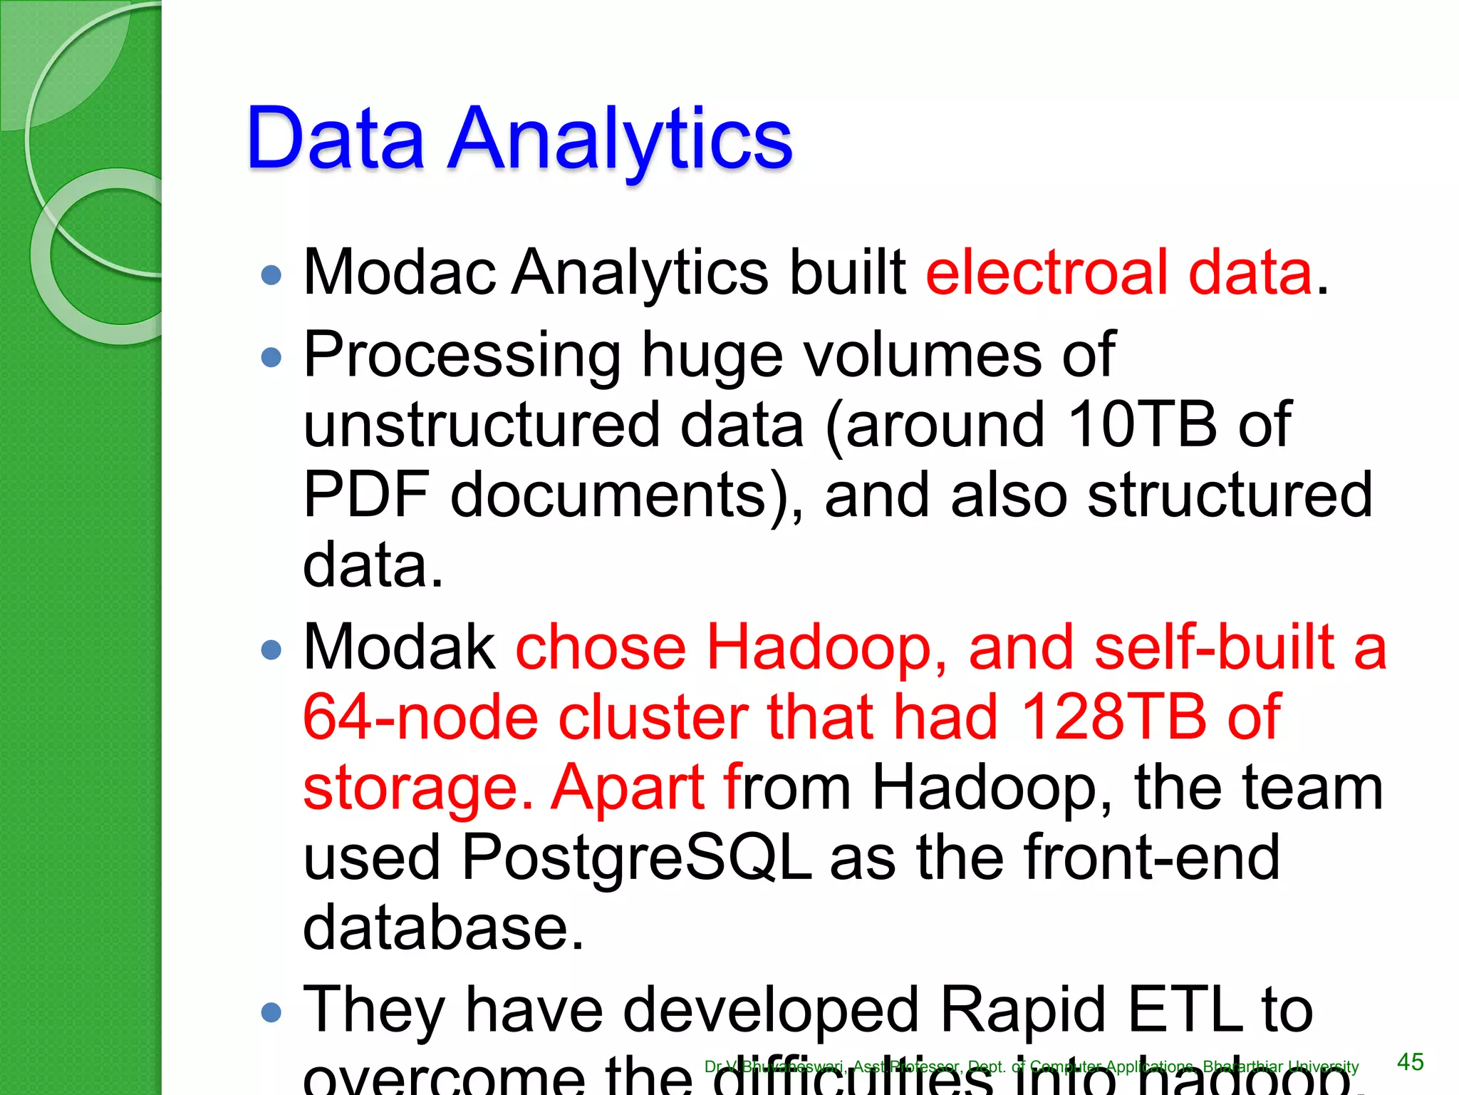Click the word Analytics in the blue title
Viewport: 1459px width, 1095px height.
pyautogui.click(x=620, y=139)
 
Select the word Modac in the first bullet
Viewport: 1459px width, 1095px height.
pyautogui.click(x=399, y=272)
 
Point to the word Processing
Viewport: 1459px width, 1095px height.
pyautogui.click(x=462, y=355)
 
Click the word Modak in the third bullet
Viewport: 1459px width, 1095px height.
pyautogui.click(x=399, y=647)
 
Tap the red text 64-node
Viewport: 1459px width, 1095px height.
pyautogui.click(x=420, y=717)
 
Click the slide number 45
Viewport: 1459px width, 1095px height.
pyautogui.click(x=1410, y=1062)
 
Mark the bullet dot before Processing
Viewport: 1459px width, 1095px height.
pyautogui.click(x=271, y=356)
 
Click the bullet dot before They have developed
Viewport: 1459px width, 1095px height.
pyautogui.click(x=271, y=1012)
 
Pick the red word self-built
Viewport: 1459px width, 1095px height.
pyautogui.click(x=1214, y=647)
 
